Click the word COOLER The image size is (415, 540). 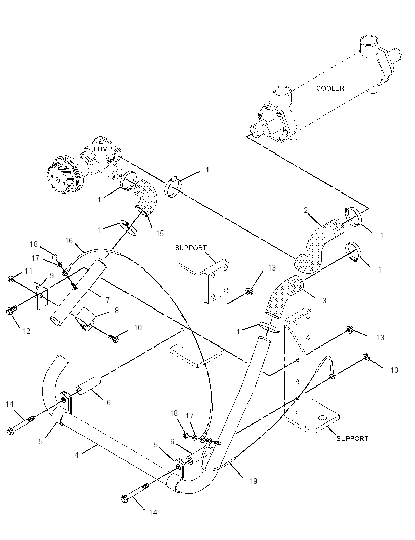pos(330,88)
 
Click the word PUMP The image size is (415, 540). pos(103,149)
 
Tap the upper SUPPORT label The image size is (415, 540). pos(191,248)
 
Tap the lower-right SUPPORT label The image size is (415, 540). pos(352,438)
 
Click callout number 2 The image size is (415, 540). pos(306,210)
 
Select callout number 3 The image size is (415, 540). pos(324,301)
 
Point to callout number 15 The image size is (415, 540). pos(160,234)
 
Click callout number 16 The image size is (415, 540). pos(69,240)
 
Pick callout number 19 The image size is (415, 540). pos(253,481)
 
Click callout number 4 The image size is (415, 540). pos(77,455)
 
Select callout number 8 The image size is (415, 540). pos(116,311)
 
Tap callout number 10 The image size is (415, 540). pos(138,328)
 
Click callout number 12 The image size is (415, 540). pos(26,331)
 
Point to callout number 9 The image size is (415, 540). pos(51,276)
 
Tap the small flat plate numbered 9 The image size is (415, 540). pos(40,293)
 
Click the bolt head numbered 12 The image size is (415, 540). pos(10,312)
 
